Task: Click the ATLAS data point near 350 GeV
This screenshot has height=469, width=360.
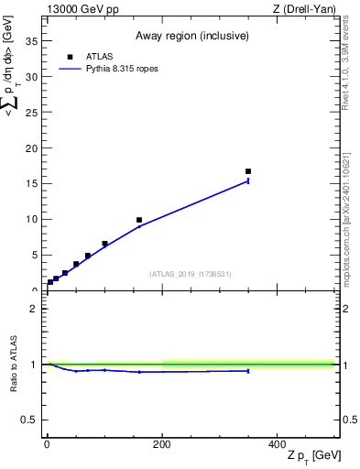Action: (248, 171)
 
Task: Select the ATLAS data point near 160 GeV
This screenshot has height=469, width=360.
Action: (139, 220)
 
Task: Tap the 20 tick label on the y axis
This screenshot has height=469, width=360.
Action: (32, 148)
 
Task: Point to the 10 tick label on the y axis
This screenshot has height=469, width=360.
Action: (32, 219)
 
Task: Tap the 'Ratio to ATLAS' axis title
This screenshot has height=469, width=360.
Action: (14, 364)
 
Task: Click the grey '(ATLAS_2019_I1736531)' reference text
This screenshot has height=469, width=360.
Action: (190, 274)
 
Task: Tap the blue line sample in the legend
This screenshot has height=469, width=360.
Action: (71, 68)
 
